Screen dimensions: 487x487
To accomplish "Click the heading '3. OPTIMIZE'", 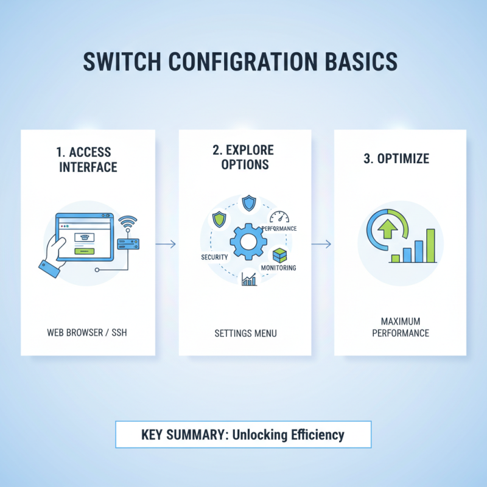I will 397,159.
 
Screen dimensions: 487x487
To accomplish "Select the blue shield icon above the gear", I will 248,203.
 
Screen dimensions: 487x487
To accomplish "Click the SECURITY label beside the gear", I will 214,258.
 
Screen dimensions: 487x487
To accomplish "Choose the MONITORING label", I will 278,268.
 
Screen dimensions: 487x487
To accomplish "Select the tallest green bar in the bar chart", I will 430,245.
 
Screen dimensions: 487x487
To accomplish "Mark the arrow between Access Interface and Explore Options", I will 166,244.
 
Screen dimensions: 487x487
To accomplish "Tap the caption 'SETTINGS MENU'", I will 245,333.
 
